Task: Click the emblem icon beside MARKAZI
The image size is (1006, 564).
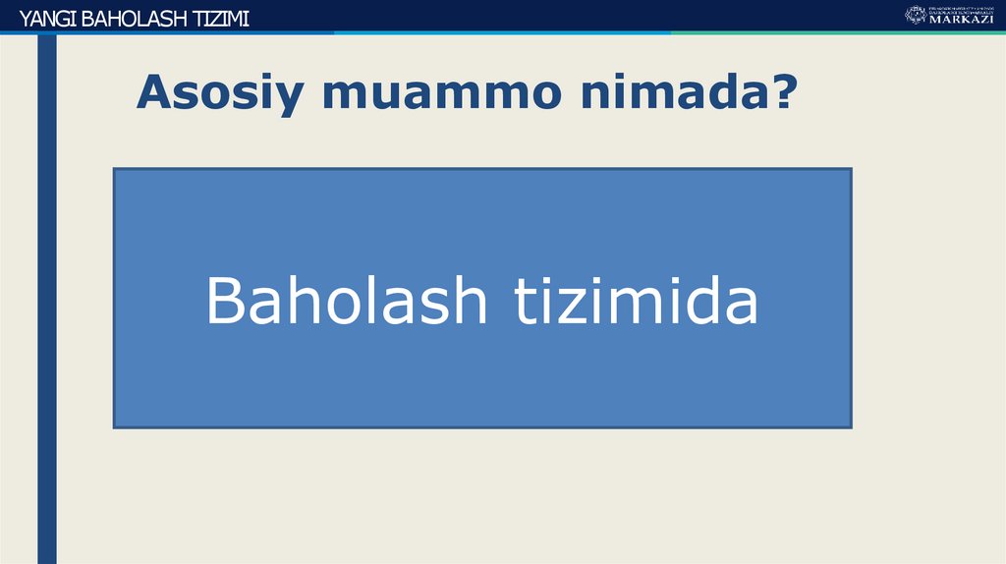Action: point(915,15)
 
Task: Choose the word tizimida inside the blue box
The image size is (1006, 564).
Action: point(637,301)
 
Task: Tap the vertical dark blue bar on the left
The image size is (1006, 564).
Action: point(47,295)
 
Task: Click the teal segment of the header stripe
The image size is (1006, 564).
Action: point(835,32)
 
